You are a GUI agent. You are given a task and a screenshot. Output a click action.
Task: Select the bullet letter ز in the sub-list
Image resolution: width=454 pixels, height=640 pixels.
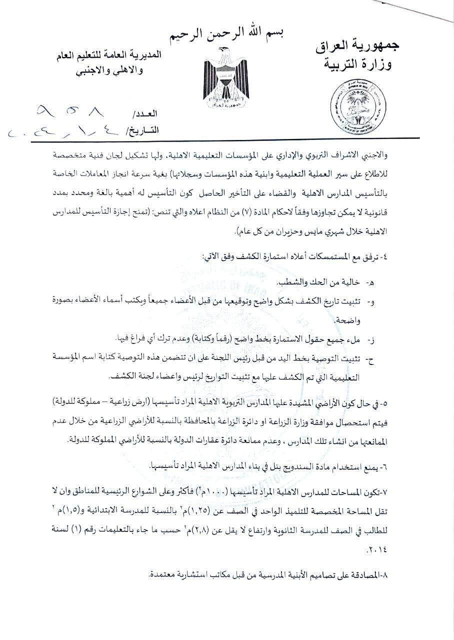[371, 340]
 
